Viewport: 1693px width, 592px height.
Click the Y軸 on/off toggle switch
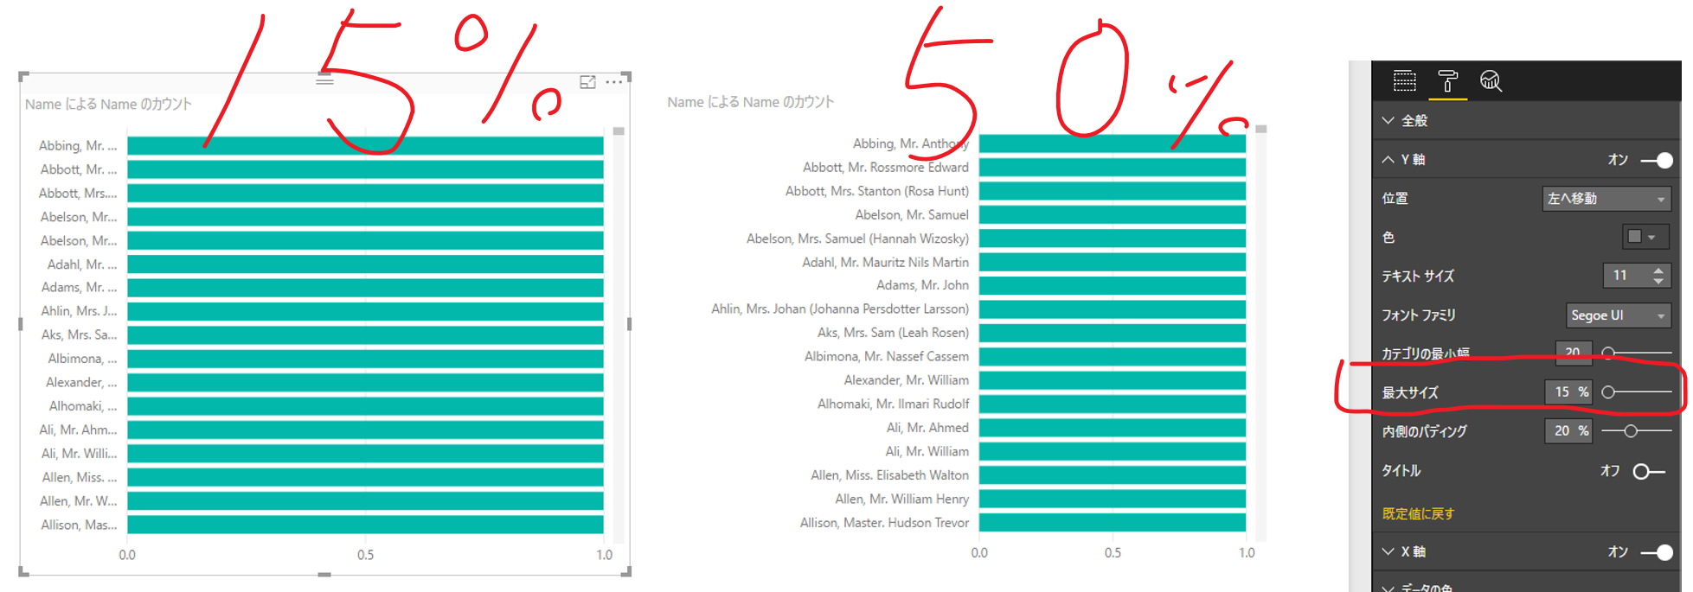(x=1657, y=160)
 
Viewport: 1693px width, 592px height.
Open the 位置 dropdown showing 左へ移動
(x=1606, y=199)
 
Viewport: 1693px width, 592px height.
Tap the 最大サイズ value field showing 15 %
(x=1568, y=392)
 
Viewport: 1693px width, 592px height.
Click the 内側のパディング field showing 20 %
(x=1568, y=430)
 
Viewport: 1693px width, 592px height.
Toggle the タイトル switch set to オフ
(x=1648, y=471)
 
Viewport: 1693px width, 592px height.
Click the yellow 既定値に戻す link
(x=1418, y=513)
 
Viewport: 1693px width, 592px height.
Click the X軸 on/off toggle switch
(x=1657, y=552)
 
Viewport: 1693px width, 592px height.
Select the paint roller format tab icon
(x=1447, y=81)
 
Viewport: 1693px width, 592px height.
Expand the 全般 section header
(x=1414, y=121)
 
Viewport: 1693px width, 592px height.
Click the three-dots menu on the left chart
(x=613, y=82)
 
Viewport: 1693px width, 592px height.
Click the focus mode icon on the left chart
(x=587, y=82)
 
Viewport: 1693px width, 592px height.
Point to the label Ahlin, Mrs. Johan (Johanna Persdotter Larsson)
(x=839, y=309)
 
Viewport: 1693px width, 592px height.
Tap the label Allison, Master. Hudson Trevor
(x=884, y=523)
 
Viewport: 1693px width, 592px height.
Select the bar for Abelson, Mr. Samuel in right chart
(x=1112, y=214)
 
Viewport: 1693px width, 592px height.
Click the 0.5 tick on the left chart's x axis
(x=366, y=555)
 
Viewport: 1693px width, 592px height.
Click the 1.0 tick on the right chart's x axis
(x=1247, y=552)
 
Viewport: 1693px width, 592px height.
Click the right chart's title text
(x=750, y=102)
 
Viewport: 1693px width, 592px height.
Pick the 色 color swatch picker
(x=1641, y=237)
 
